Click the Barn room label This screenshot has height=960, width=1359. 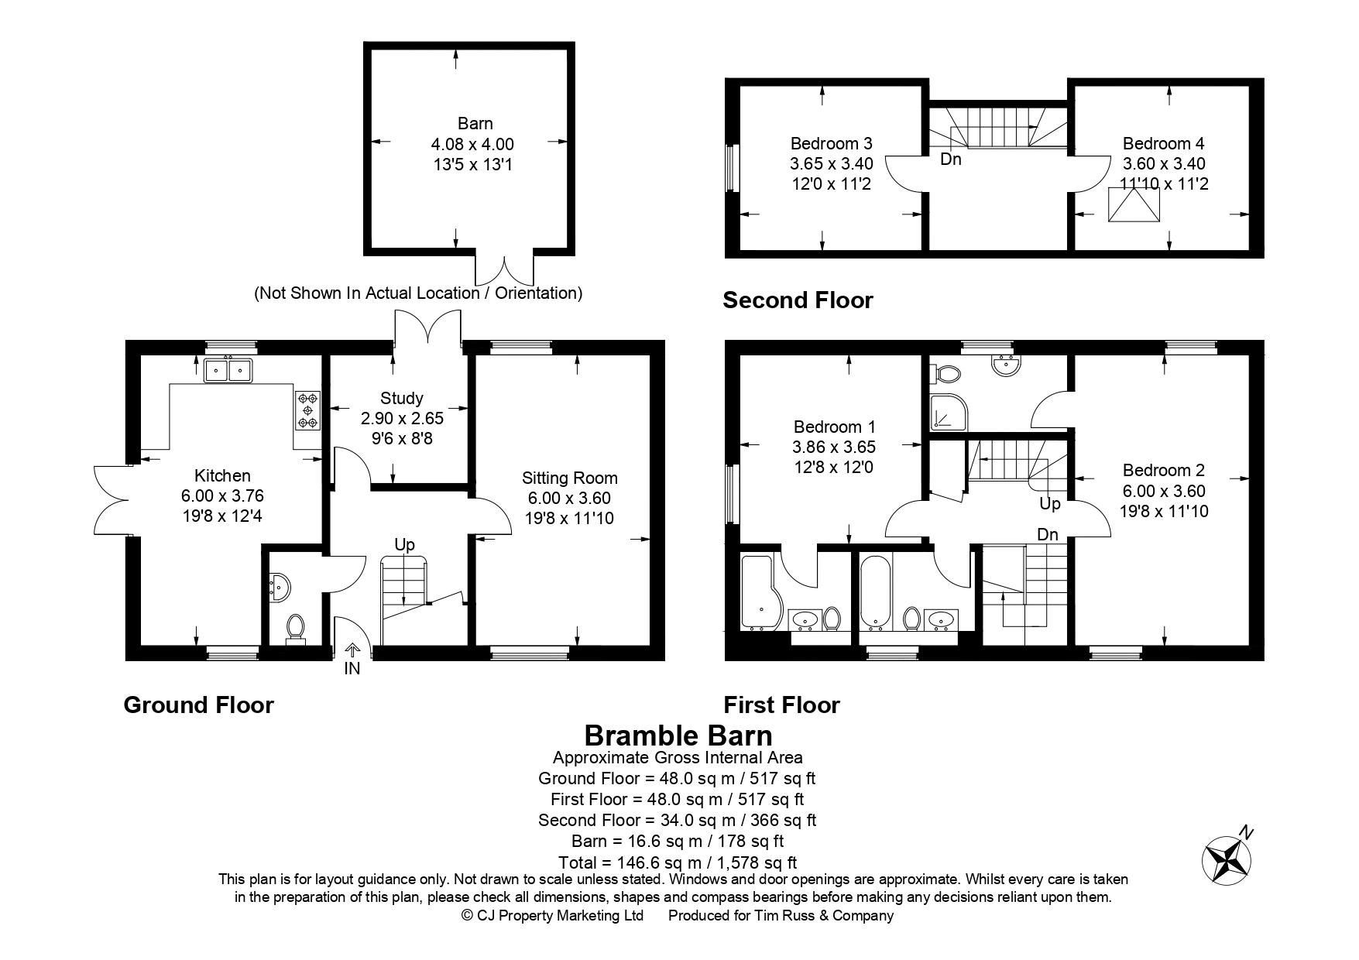pos(475,124)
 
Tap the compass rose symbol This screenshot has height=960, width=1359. pos(1226,860)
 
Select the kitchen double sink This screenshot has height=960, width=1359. pos(228,371)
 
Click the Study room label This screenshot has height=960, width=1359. pos(401,398)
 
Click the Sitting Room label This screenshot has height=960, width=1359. pos(570,478)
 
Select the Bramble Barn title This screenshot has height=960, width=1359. pos(678,735)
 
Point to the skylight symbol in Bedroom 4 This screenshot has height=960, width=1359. pos(1134,204)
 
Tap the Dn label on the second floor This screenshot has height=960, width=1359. pos(951,159)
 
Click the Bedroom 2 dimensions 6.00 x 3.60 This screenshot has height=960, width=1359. pos(1163,491)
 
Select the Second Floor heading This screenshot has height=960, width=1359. pos(798,300)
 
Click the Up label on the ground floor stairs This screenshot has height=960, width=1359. pos(404,544)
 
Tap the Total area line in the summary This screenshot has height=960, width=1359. pos(678,862)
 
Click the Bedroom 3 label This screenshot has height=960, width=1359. pos(831,143)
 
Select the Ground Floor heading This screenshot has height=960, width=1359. pos(198,705)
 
